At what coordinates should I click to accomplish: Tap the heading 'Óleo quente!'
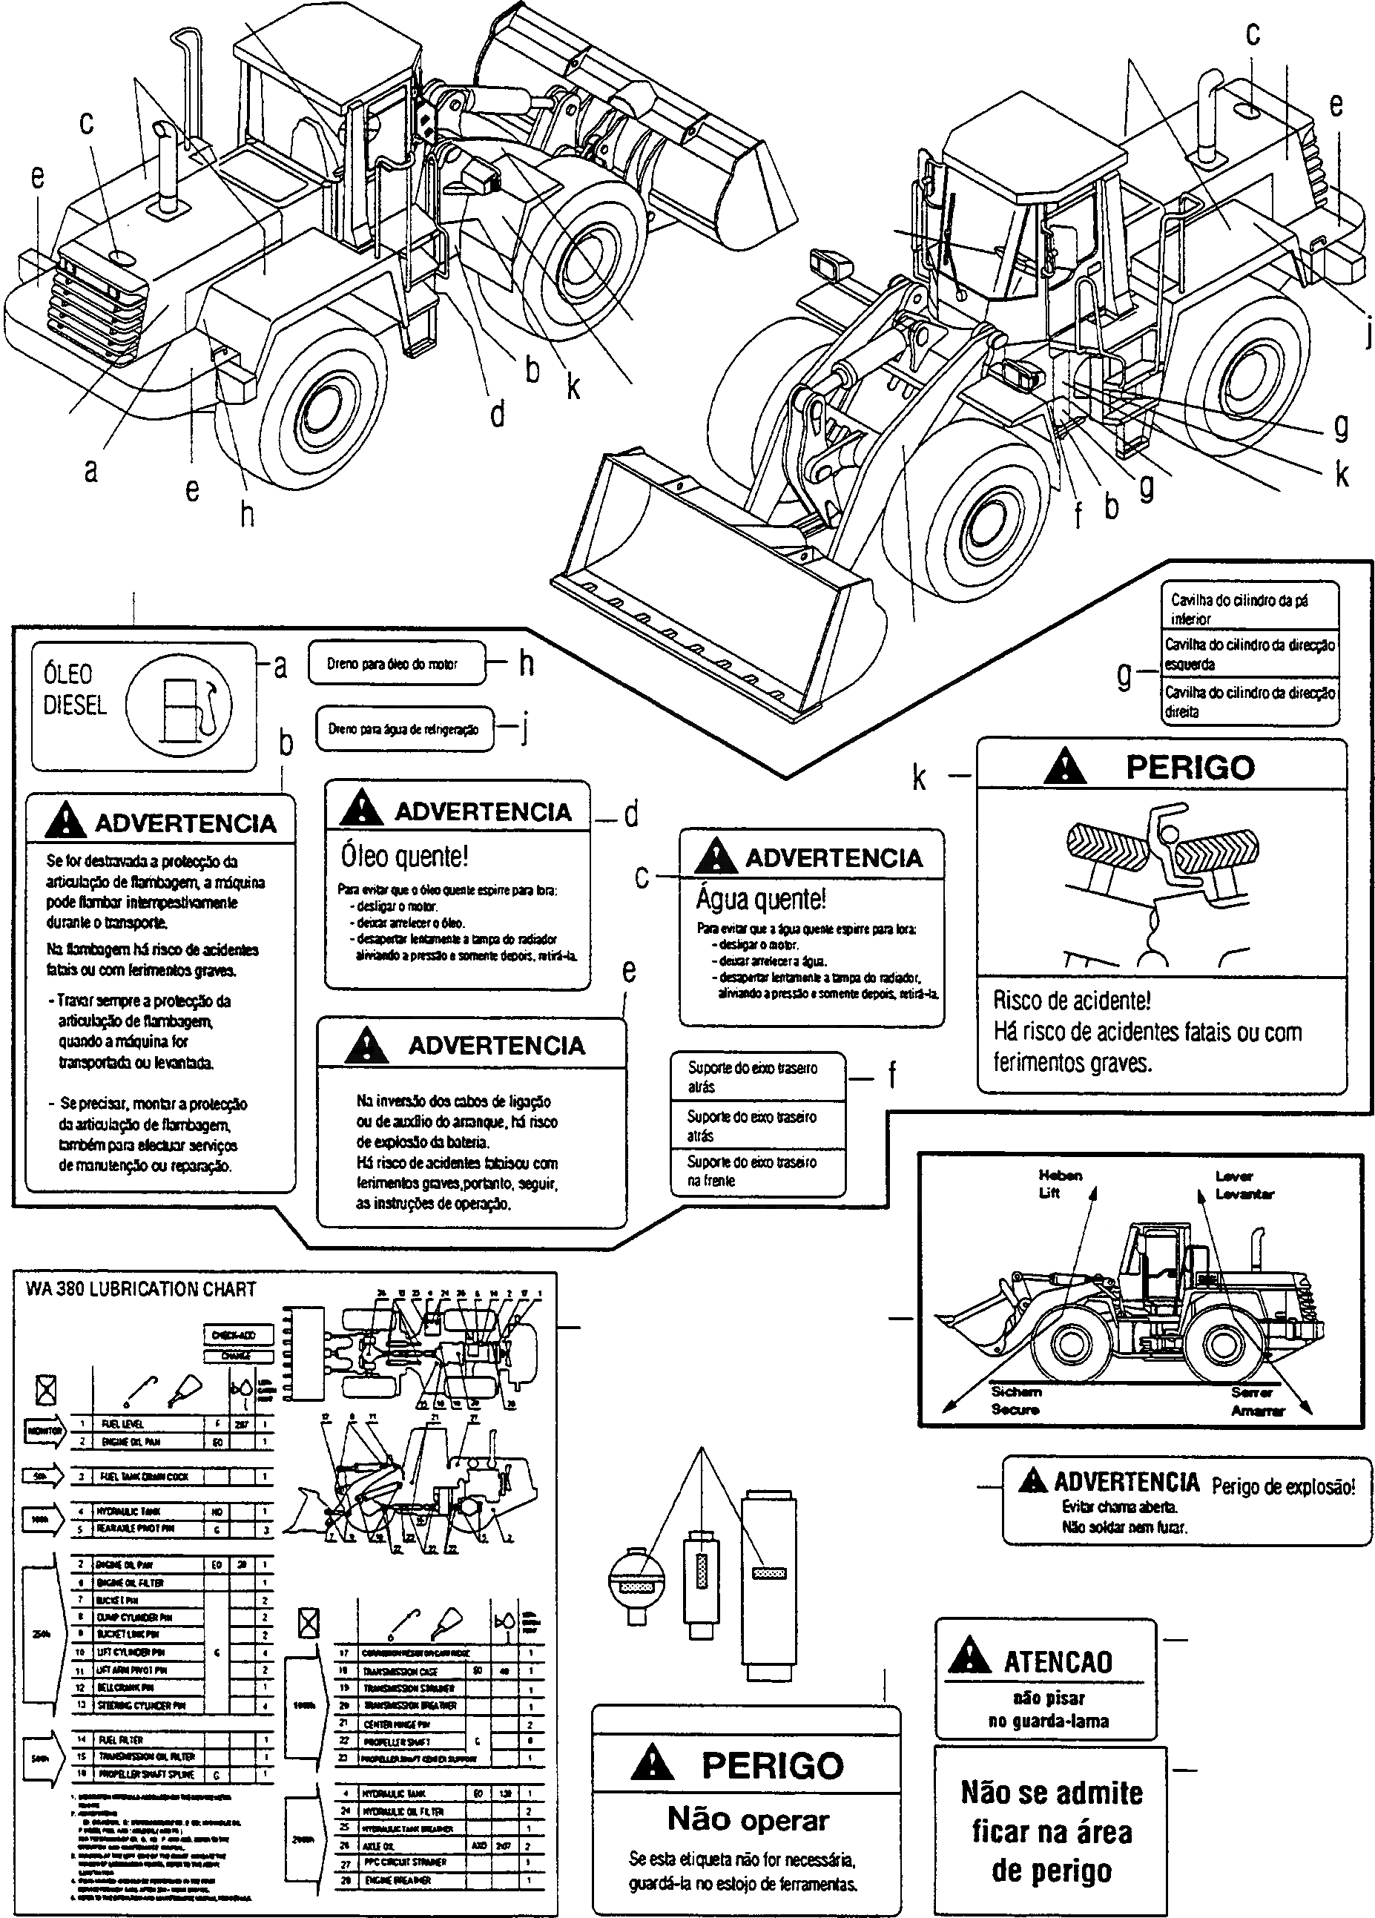[x=403, y=856]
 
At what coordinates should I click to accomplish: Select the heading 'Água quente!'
[x=760, y=898]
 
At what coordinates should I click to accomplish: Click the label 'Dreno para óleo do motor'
[x=392, y=664]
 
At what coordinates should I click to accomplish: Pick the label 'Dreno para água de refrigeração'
[x=403, y=729]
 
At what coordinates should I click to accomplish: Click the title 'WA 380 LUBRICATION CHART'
[x=140, y=1289]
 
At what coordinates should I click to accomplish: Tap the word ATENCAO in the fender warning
[x=1057, y=1662]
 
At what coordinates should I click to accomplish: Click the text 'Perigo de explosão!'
[x=1283, y=1486]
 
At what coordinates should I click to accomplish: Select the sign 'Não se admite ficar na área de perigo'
[x=1051, y=1831]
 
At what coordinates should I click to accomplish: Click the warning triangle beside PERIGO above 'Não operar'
[x=652, y=1764]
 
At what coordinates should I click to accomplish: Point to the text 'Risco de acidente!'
[x=1072, y=1001]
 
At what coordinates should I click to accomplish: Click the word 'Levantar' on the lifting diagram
[x=1244, y=1194]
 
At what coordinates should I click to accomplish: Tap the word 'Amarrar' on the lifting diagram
[x=1258, y=1411]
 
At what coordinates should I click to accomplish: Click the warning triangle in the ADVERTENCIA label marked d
[x=361, y=808]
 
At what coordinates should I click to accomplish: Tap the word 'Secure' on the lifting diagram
[x=1015, y=1409]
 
